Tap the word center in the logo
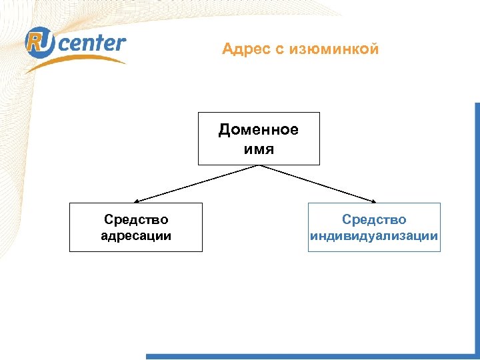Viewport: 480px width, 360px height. [93, 43]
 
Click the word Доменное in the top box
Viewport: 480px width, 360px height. [259, 129]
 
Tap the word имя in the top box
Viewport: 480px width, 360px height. [259, 147]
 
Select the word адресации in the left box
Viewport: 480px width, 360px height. [136, 235]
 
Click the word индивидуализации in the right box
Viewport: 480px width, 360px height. [374, 235]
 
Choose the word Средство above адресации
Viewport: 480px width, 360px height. [136, 219]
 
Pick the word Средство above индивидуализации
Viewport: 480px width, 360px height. [374, 219]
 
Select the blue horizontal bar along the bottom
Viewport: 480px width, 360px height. [307, 357]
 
